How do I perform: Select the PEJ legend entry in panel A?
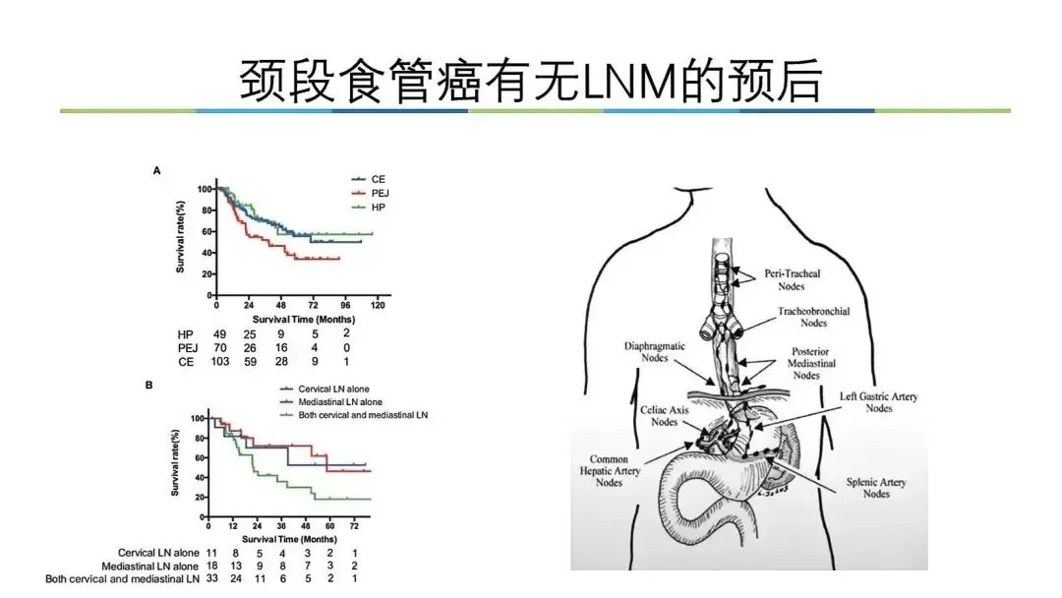[x=380, y=194]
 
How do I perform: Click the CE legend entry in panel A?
[x=378, y=179]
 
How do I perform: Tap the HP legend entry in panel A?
[x=379, y=209]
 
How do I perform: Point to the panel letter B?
[x=148, y=385]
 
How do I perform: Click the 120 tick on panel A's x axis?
[x=376, y=306]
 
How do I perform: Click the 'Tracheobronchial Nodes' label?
[x=814, y=317]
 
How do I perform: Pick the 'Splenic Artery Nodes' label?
[x=876, y=488]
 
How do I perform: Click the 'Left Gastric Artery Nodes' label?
[x=878, y=402]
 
